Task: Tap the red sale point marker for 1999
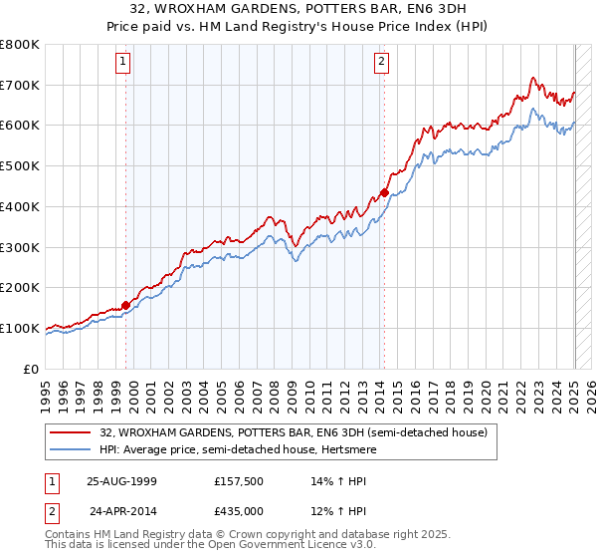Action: [126, 305]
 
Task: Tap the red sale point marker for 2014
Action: [384, 192]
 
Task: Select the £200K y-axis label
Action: [20, 287]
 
